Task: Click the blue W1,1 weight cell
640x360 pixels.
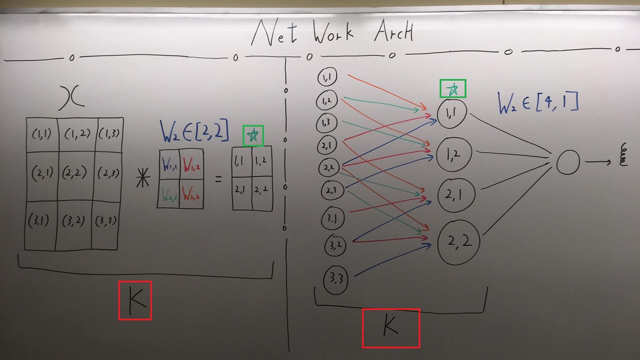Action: pyautogui.click(x=170, y=164)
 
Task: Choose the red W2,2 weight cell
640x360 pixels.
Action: pyautogui.click(x=192, y=194)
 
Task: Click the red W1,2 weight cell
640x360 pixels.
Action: pyautogui.click(x=192, y=164)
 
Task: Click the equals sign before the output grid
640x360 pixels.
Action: pyautogui.click(x=218, y=179)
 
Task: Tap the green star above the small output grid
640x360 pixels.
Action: pyautogui.click(x=253, y=136)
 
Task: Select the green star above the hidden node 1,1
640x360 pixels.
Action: pyautogui.click(x=453, y=89)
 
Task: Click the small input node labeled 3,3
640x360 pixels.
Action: pyautogui.click(x=336, y=279)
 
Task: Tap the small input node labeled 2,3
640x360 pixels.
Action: pyautogui.click(x=331, y=191)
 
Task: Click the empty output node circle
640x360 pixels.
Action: pyautogui.click(x=568, y=162)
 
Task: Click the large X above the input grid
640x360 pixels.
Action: pyautogui.click(x=71, y=98)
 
